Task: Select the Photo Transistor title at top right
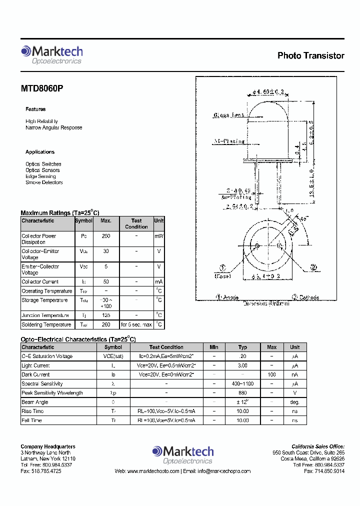tap(310, 55)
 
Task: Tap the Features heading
tap(35, 109)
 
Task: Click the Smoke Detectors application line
tap(44, 182)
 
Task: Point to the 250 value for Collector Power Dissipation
tap(106, 236)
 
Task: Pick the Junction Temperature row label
tap(45, 315)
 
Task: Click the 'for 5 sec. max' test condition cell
tap(136, 325)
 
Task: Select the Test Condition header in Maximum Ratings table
tap(136, 223)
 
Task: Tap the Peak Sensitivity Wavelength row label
tap(52, 393)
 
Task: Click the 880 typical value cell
tap(242, 393)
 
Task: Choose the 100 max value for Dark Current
tap(272, 374)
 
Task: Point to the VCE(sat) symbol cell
tap(113, 356)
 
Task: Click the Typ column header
tap(242, 347)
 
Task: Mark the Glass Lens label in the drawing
tap(229, 115)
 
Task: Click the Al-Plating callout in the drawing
tap(229, 141)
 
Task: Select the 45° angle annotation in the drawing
tap(304, 218)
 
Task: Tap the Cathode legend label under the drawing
tap(305, 297)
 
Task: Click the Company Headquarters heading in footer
tap(48, 446)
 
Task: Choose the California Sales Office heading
tap(317, 446)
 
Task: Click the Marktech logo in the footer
tap(183, 454)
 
